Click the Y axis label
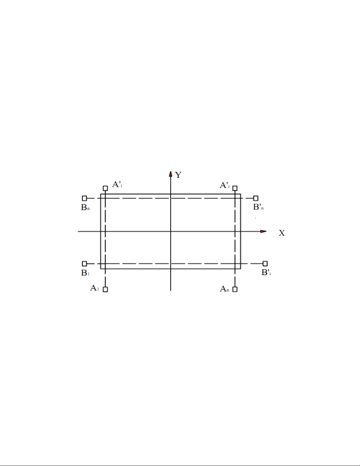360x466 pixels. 178,175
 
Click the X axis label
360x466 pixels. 282,233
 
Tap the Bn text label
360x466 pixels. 85,207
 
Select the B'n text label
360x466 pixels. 258,207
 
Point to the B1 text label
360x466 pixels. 85,273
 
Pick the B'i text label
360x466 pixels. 266,272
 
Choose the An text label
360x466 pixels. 224,289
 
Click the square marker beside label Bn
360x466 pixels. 84,198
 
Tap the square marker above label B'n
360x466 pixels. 256,198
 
